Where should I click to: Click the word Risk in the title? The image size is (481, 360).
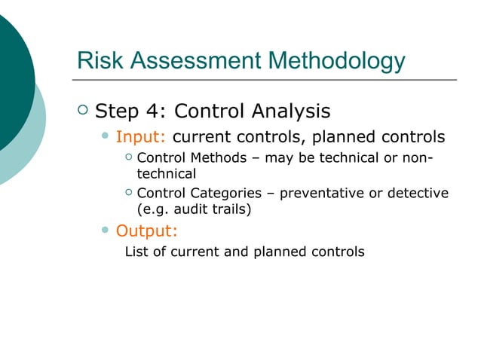(x=99, y=60)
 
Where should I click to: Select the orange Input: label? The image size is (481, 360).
(x=140, y=138)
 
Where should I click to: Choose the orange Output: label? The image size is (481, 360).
(x=146, y=230)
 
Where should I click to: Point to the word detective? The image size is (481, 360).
(x=418, y=194)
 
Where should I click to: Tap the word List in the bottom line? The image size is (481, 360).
(x=136, y=251)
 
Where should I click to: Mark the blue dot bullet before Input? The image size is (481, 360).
(x=106, y=137)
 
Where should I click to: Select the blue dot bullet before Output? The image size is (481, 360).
(x=106, y=230)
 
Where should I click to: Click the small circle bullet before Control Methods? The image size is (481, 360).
(x=129, y=157)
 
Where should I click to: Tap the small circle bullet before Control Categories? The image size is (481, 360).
(x=129, y=193)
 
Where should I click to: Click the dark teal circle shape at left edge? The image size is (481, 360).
(x=11, y=75)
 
